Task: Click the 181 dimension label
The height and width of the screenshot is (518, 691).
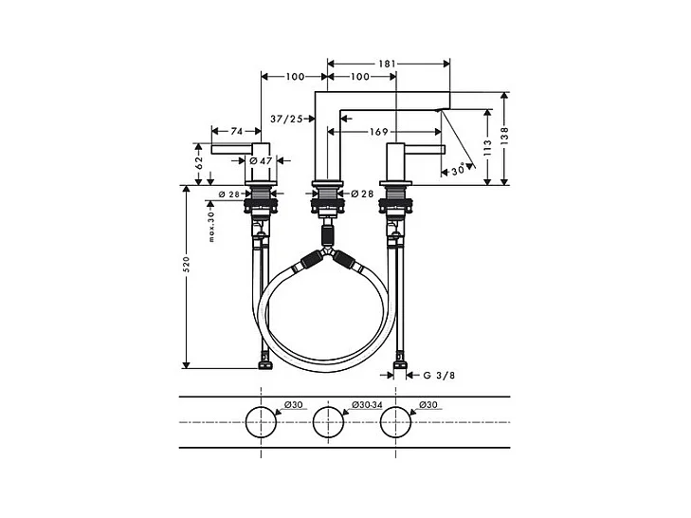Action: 387,64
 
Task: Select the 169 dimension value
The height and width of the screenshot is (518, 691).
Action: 378,132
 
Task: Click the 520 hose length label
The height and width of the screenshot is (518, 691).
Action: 186,264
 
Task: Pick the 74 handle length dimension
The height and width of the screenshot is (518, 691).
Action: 237,132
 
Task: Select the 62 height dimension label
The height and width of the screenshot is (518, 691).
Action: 199,163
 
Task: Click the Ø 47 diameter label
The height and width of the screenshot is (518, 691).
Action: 261,161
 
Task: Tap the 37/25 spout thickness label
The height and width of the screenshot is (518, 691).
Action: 286,119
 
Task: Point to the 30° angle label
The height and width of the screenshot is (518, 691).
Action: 459,170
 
